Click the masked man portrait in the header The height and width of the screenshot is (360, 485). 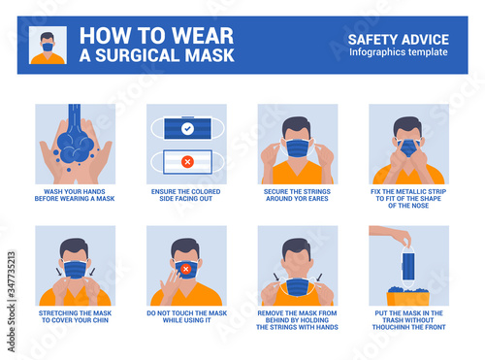48,46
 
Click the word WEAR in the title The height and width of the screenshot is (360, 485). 203,36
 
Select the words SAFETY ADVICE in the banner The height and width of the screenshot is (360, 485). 399,40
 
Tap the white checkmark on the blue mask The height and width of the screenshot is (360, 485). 187,129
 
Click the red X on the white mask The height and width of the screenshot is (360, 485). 187,161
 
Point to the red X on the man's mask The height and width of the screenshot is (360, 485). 185,269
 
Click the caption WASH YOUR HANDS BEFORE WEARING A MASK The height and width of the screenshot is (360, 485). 75,195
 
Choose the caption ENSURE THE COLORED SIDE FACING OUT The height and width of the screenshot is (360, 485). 186,195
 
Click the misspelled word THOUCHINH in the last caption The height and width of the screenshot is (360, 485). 390,327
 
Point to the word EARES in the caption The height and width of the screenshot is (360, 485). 318,198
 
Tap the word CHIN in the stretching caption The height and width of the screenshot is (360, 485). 100,320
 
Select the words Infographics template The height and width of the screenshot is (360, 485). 399,52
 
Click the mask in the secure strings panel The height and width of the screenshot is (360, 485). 298,148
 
